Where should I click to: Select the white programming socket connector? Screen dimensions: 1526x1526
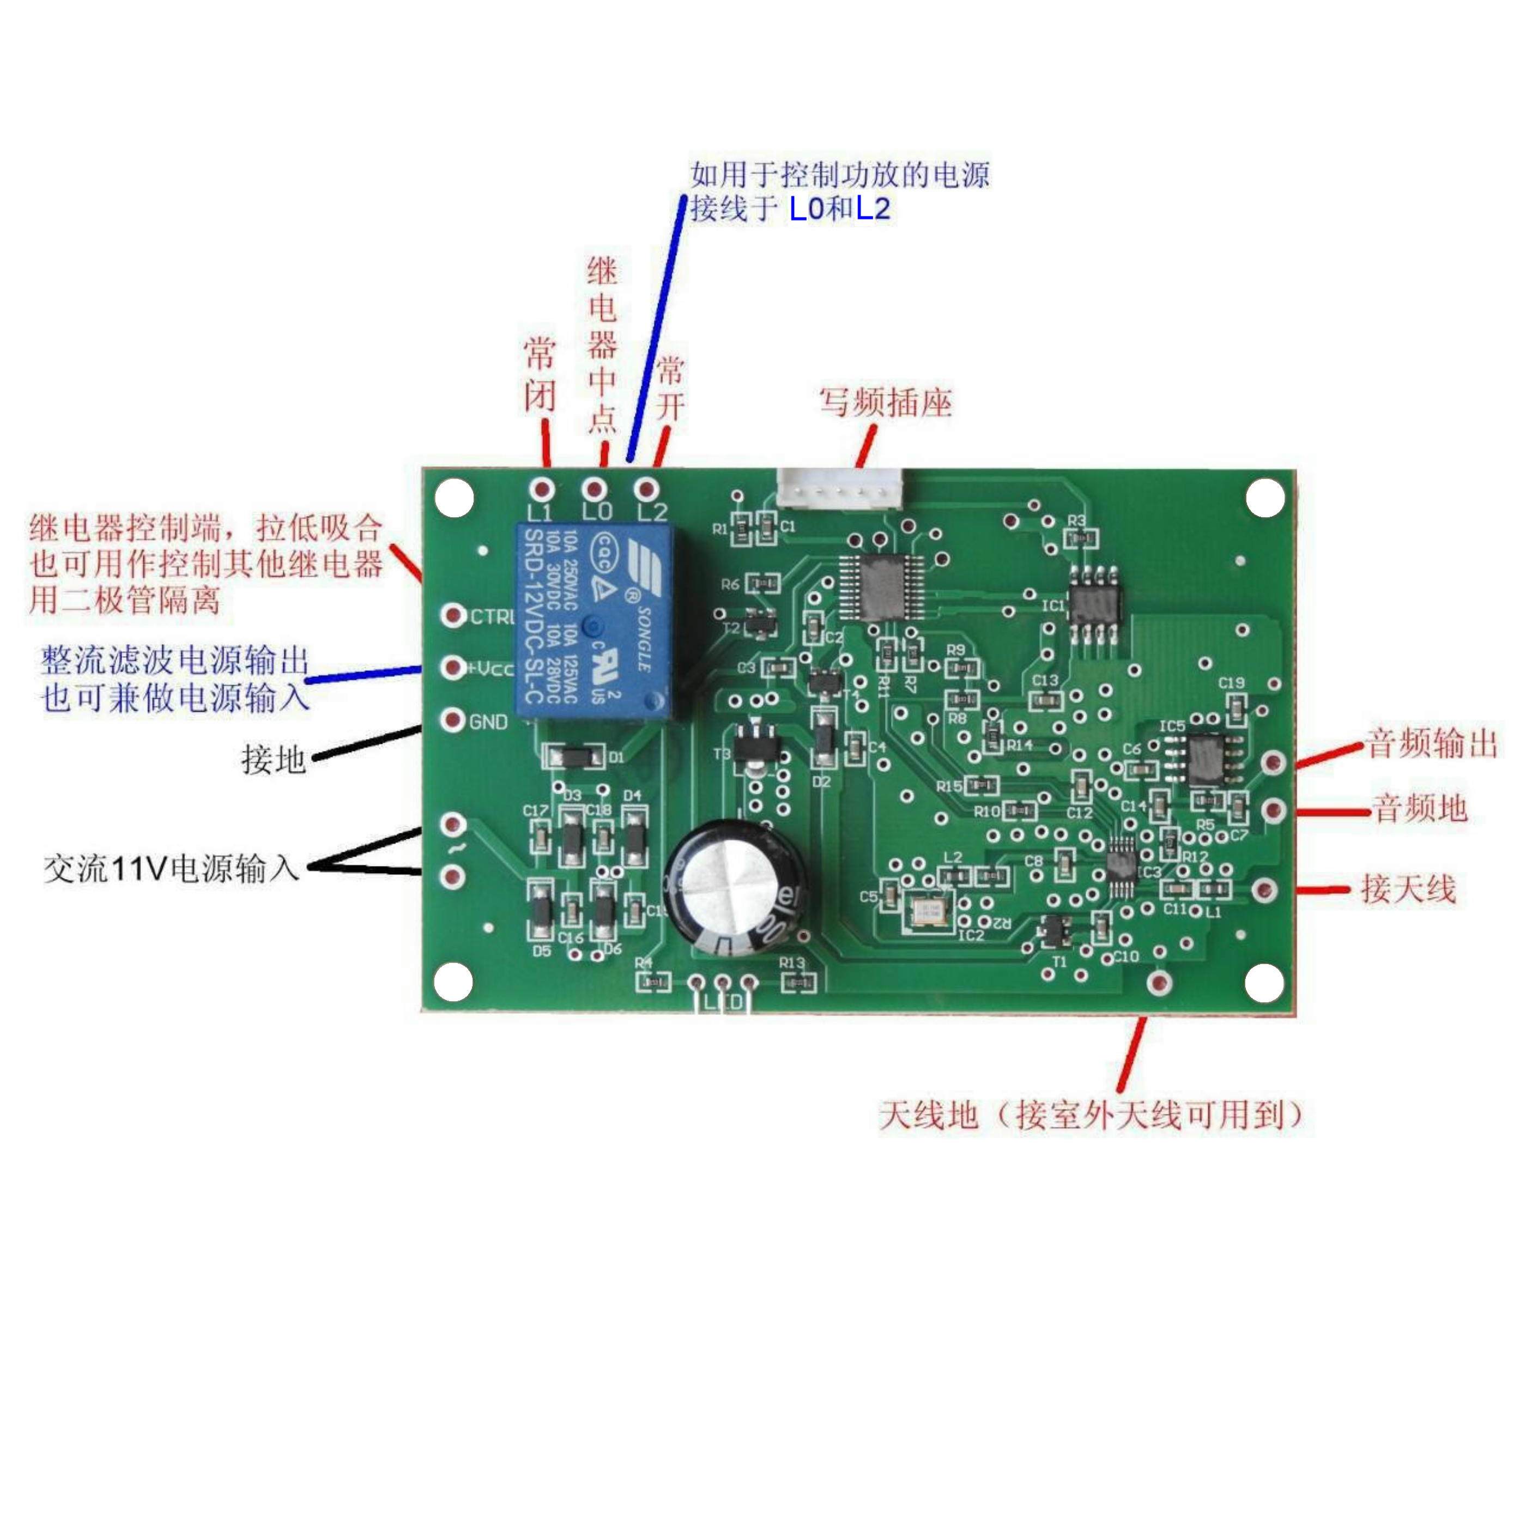pyautogui.click(x=840, y=488)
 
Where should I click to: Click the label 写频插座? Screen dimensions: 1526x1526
pyautogui.click(x=885, y=402)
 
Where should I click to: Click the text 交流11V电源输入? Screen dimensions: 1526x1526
pyautogui.click(x=171, y=869)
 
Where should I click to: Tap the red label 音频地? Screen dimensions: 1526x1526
pyautogui.click(x=1420, y=809)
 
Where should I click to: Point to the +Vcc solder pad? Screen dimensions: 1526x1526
pyautogui.click(x=452, y=668)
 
